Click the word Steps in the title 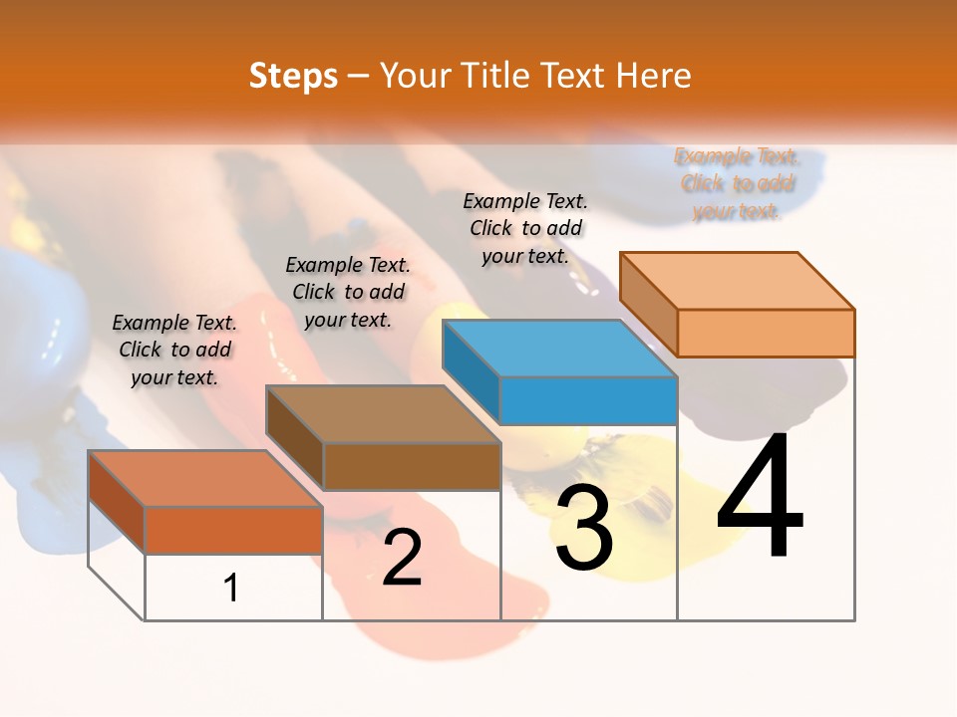coord(293,76)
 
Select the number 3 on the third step coord(584,529)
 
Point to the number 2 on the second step coord(403,558)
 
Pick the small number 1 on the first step coord(231,588)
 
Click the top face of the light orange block coord(738,280)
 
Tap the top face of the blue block coord(560,349)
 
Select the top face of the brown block coord(383,414)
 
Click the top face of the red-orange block coord(205,479)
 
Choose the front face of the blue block coord(588,401)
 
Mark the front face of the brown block coord(412,466)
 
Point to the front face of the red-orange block coord(233,530)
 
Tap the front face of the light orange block coord(766,333)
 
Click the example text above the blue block coord(525,228)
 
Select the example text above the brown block coord(348,292)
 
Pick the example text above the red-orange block coord(174,350)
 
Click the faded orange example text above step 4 coord(737,183)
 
